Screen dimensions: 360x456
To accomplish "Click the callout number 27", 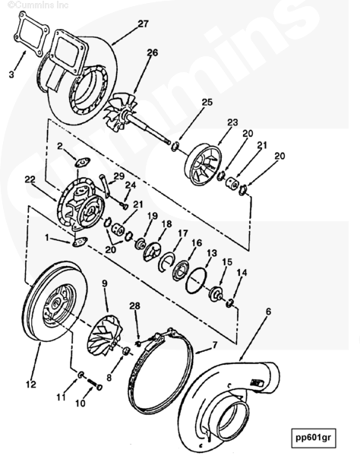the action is click(x=143, y=24).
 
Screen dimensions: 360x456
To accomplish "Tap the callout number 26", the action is click(x=152, y=52).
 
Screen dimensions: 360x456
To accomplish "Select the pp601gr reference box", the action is click(x=313, y=438).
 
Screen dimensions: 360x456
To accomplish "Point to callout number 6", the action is click(x=268, y=312).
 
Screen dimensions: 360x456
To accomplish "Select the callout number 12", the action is click(x=31, y=384).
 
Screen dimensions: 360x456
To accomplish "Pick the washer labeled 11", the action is click(x=81, y=374).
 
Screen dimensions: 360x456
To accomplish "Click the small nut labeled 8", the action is click(x=125, y=351).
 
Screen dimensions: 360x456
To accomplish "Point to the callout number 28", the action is click(x=134, y=306).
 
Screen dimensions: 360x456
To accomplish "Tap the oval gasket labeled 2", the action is click(x=82, y=162).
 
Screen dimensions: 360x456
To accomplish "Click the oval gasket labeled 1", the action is click(x=78, y=242).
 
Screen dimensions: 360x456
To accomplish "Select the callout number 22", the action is click(x=30, y=179).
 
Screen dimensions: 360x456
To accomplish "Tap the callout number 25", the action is click(x=207, y=102).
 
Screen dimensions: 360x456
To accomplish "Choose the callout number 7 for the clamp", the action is click(x=215, y=345).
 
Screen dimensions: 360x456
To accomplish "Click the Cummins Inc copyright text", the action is click(x=38, y=5).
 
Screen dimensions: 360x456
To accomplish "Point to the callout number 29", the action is click(x=118, y=176).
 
